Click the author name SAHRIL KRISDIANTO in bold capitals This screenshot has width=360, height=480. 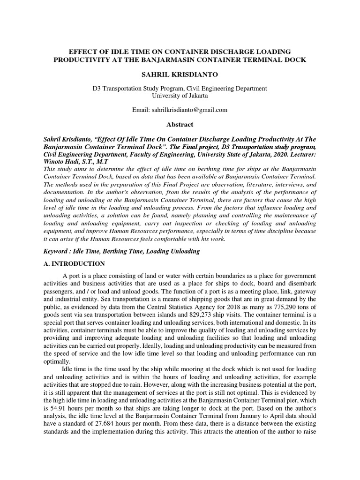coord(180,75)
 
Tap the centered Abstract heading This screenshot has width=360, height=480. coord(180,125)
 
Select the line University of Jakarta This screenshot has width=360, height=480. coord(180,95)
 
